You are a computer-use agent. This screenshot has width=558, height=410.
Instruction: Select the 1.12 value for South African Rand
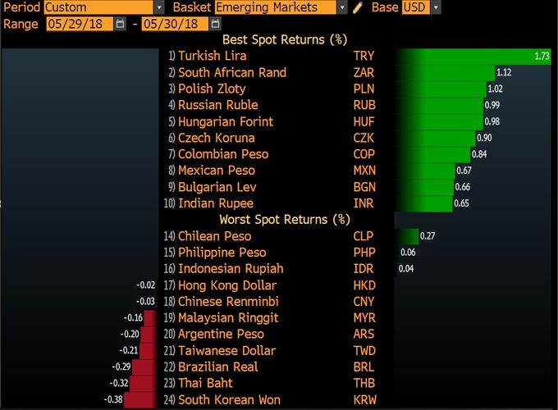[504, 72]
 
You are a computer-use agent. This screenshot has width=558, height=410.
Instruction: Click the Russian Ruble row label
[217, 105]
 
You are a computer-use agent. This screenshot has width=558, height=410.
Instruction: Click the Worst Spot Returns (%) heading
[285, 219]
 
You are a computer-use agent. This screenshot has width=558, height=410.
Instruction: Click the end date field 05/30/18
[173, 23]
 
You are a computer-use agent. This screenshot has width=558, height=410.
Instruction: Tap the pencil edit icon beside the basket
[358, 7]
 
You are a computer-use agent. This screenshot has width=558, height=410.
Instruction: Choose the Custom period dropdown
[91, 7]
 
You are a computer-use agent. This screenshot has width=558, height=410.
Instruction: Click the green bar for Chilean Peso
[406, 236]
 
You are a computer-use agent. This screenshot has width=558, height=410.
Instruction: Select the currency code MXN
[365, 171]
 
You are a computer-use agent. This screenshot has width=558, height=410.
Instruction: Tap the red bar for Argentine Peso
[149, 334]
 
